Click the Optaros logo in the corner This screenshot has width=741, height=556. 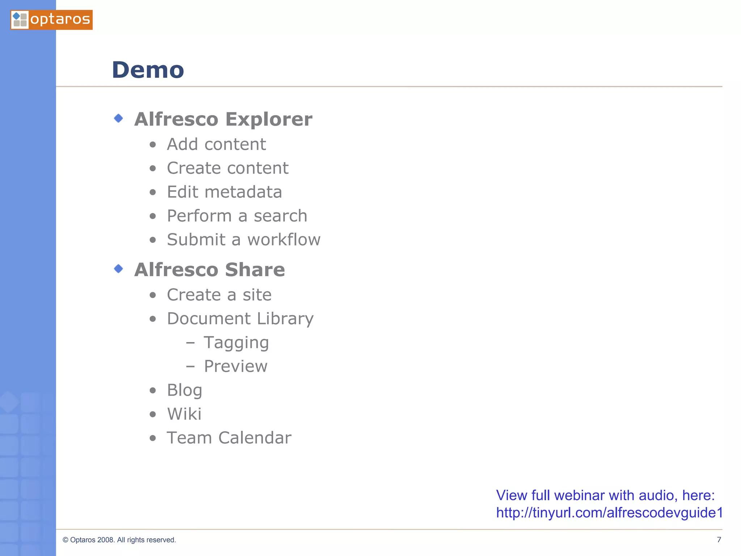pyautogui.click(x=51, y=20)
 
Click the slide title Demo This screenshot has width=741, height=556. pyautogui.click(x=148, y=70)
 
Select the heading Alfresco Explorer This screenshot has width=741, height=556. pyautogui.click(x=223, y=119)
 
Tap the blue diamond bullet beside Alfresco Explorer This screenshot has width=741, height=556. pyautogui.click(x=118, y=118)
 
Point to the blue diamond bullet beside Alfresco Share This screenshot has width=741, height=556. pyautogui.click(x=118, y=269)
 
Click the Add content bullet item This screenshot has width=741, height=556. pyautogui.click(x=216, y=144)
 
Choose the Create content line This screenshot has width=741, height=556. pyautogui.click(x=228, y=168)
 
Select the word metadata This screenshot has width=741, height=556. pyautogui.click(x=243, y=192)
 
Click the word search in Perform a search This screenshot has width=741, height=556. pyautogui.click(x=280, y=216)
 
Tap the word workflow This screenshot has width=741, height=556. pyautogui.click(x=284, y=240)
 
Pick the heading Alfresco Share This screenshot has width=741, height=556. pyautogui.click(x=209, y=270)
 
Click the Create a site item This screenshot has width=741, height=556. pyautogui.click(x=219, y=295)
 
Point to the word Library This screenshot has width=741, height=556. pyautogui.click(x=285, y=319)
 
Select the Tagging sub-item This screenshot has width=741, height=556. pyautogui.click(x=236, y=342)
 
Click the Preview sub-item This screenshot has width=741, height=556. pyautogui.click(x=236, y=366)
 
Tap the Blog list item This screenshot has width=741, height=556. pyautogui.click(x=185, y=390)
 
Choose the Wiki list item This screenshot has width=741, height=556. pyautogui.click(x=184, y=414)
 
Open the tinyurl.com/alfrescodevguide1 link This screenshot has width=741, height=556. pyautogui.click(x=609, y=513)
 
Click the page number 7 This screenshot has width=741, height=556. pyautogui.click(x=719, y=540)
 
